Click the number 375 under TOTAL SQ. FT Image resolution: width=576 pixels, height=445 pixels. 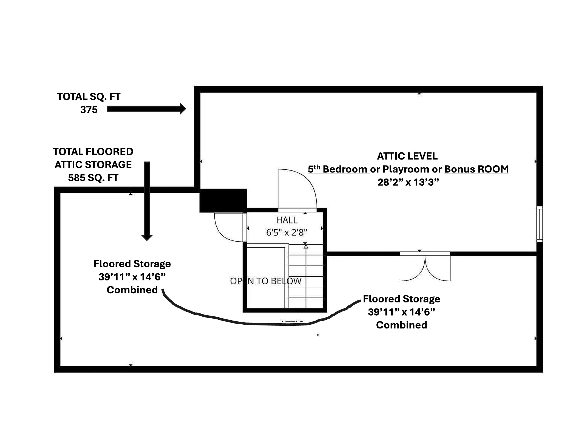89,110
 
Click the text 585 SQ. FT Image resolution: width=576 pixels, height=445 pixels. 93,178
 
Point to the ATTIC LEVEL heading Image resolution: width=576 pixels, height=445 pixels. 407,156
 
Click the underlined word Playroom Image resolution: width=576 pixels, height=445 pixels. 406,169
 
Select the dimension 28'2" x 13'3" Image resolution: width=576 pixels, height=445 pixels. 408,182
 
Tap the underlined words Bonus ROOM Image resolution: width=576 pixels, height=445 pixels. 476,169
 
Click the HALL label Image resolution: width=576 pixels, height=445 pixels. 286,220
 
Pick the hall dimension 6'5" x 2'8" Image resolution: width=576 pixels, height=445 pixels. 286,233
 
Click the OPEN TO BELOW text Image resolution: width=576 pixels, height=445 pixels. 266,281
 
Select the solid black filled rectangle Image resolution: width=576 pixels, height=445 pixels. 223,200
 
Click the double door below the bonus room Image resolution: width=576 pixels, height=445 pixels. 425,267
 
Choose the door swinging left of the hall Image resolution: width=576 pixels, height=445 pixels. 229,228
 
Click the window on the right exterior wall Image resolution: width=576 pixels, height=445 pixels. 539,224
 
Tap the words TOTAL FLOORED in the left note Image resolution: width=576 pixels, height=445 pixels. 93,152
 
